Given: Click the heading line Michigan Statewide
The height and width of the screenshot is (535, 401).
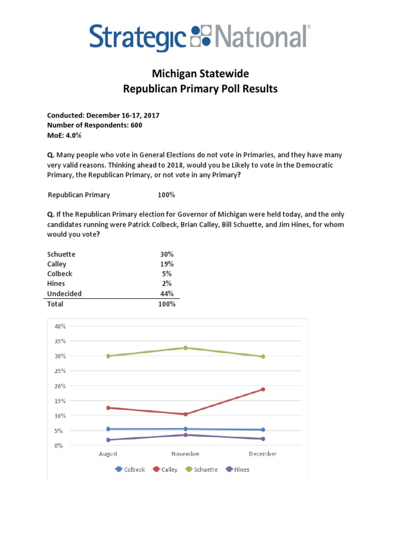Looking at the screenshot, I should click(200, 74).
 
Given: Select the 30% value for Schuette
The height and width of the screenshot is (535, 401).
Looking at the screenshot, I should click(167, 254).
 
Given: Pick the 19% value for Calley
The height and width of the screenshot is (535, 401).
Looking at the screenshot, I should click(167, 264).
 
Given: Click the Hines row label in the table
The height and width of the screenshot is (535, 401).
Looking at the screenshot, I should click(56, 284).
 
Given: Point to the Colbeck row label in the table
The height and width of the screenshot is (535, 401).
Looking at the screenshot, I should click(60, 274).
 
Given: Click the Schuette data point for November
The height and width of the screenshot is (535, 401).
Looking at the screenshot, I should click(185, 348).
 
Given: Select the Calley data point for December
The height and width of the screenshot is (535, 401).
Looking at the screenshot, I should click(263, 389).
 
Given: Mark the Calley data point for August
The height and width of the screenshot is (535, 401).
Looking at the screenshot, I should click(108, 408).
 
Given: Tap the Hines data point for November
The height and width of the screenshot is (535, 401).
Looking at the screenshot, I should click(185, 435).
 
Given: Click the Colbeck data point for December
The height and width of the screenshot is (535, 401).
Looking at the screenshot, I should click(263, 429).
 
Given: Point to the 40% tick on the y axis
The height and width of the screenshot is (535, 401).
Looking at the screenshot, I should click(59, 326).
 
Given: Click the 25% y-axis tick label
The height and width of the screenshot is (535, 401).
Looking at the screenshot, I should click(59, 371).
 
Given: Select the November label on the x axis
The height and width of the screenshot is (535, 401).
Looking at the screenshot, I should click(185, 454).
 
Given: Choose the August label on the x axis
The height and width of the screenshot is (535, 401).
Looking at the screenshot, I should click(108, 454).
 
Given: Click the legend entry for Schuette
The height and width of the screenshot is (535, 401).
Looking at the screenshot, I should click(201, 469).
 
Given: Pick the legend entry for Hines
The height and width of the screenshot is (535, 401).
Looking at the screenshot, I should click(237, 469).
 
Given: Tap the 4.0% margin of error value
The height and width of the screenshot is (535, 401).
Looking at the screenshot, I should click(73, 135).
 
